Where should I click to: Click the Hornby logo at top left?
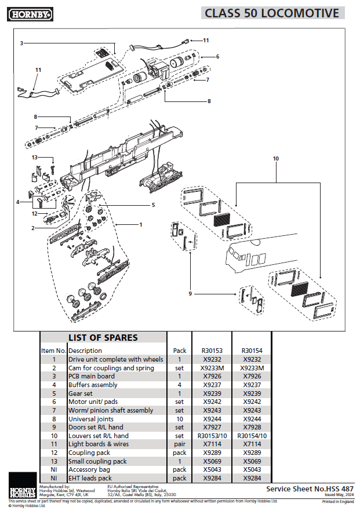(31, 13)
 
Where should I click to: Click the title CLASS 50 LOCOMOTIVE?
(272, 13)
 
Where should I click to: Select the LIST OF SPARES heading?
(103, 338)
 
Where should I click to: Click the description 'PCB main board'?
(92, 376)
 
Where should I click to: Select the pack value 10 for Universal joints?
(180, 419)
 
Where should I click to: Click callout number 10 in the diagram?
(276, 158)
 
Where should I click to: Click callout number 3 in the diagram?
(21, 43)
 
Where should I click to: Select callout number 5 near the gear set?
(154, 205)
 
